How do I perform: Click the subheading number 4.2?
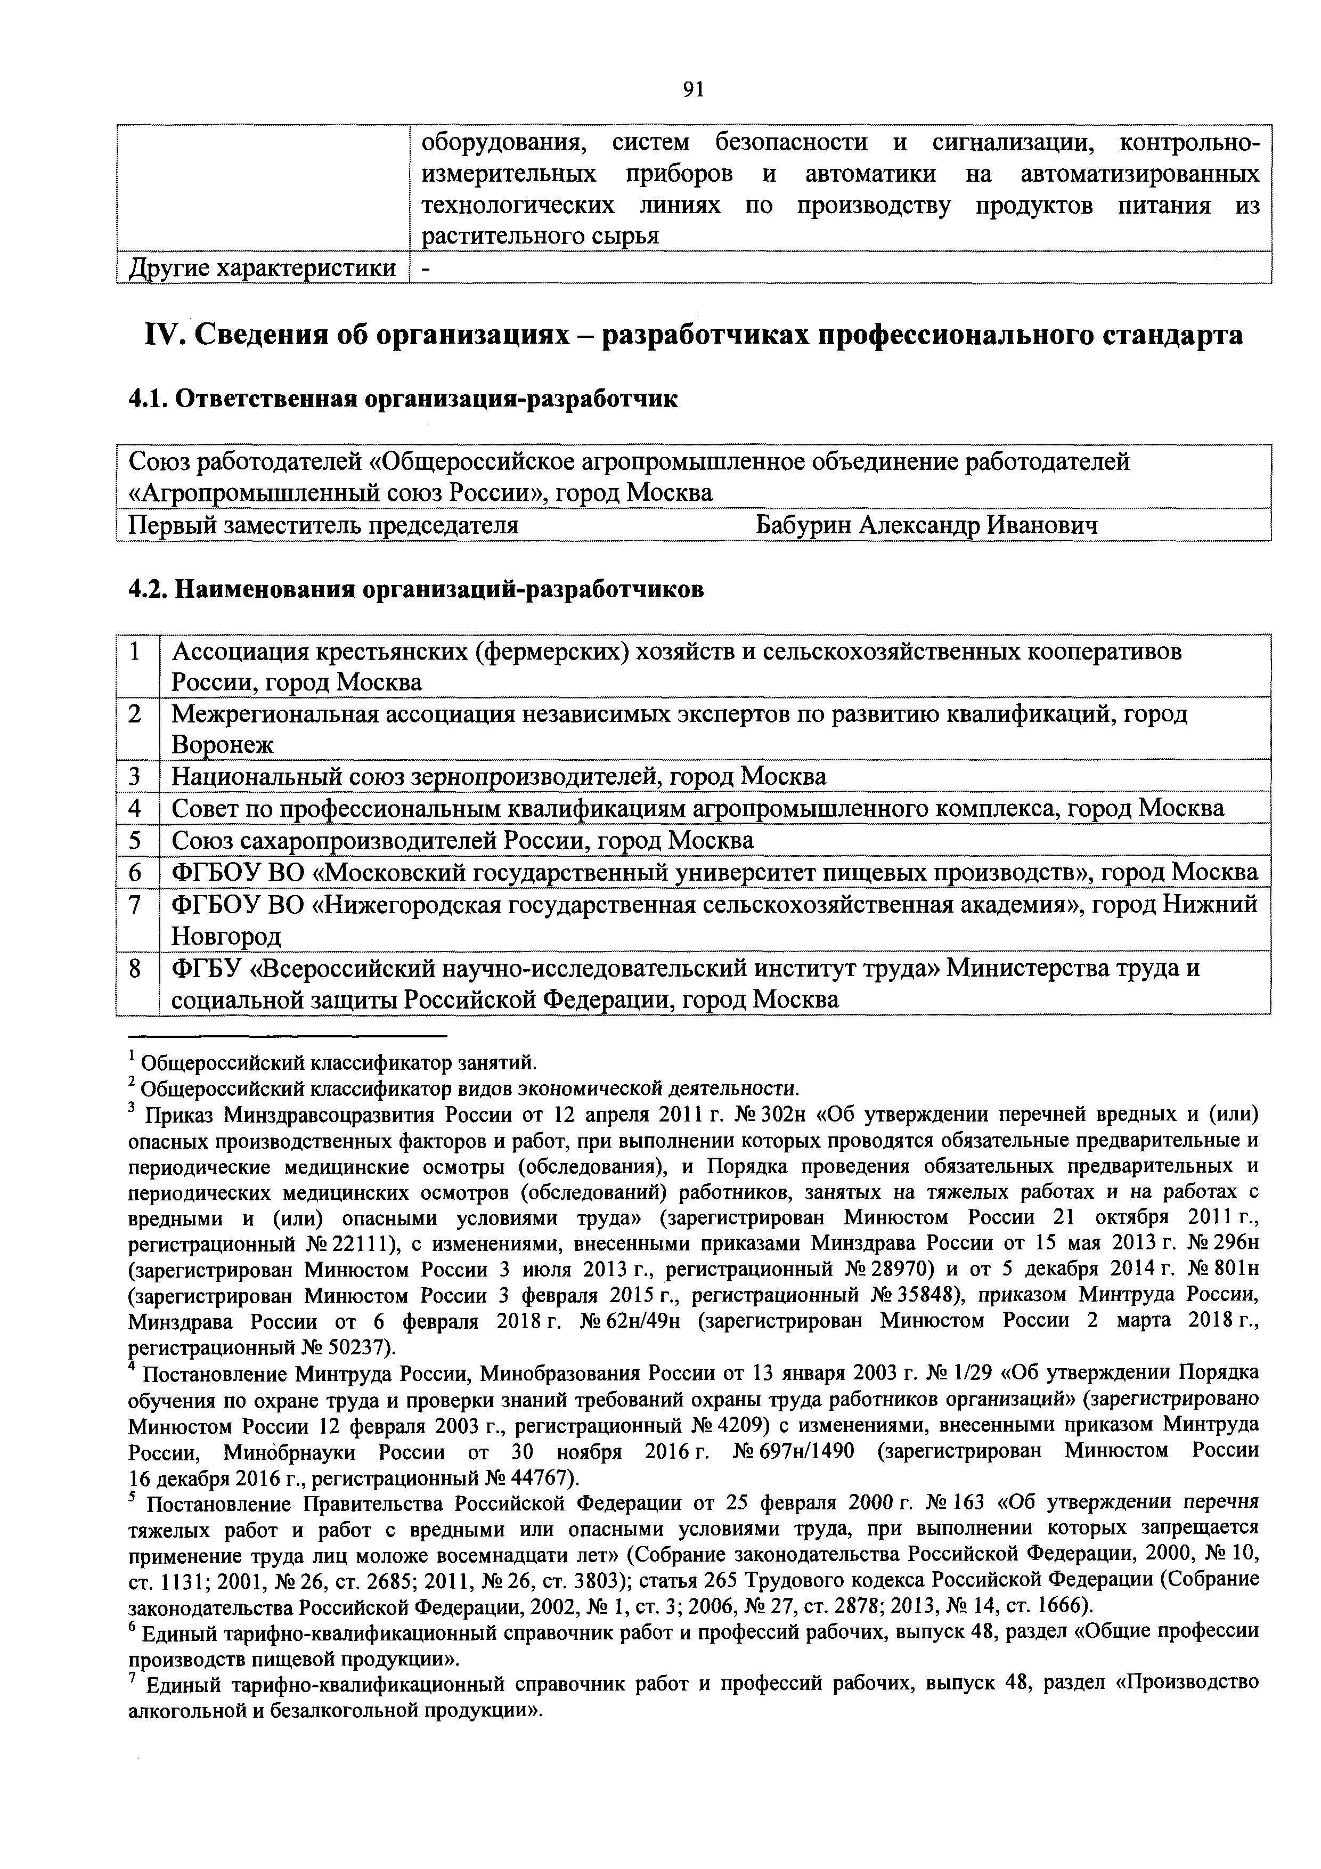pos(148,589)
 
